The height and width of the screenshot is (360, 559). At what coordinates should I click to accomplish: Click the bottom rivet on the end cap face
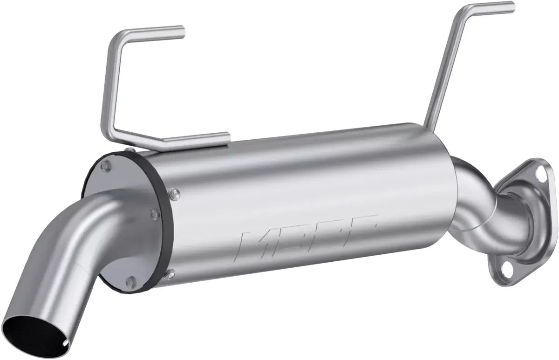(x=132, y=279)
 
